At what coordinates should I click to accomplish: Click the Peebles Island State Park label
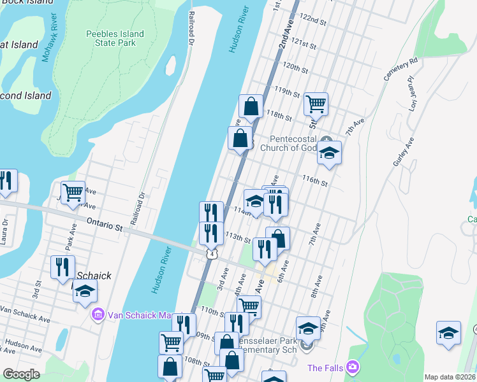115,39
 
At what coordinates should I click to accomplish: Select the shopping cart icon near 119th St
316,103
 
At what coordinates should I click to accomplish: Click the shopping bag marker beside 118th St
251,106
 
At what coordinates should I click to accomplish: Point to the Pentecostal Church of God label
293,144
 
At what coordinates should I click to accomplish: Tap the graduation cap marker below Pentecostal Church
329,153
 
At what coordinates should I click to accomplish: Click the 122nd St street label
314,21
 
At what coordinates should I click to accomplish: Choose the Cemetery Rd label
400,69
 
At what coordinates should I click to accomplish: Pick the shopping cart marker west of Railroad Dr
73,191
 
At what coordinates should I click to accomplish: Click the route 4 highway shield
210,254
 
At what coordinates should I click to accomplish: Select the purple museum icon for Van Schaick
98,315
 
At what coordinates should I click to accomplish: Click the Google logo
22,374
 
